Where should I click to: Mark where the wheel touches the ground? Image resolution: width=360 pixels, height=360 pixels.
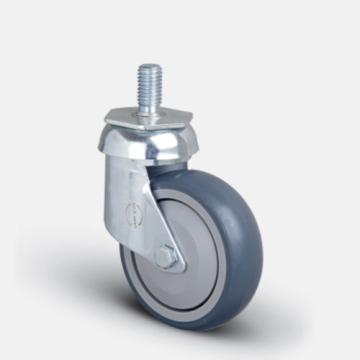(190, 328)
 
